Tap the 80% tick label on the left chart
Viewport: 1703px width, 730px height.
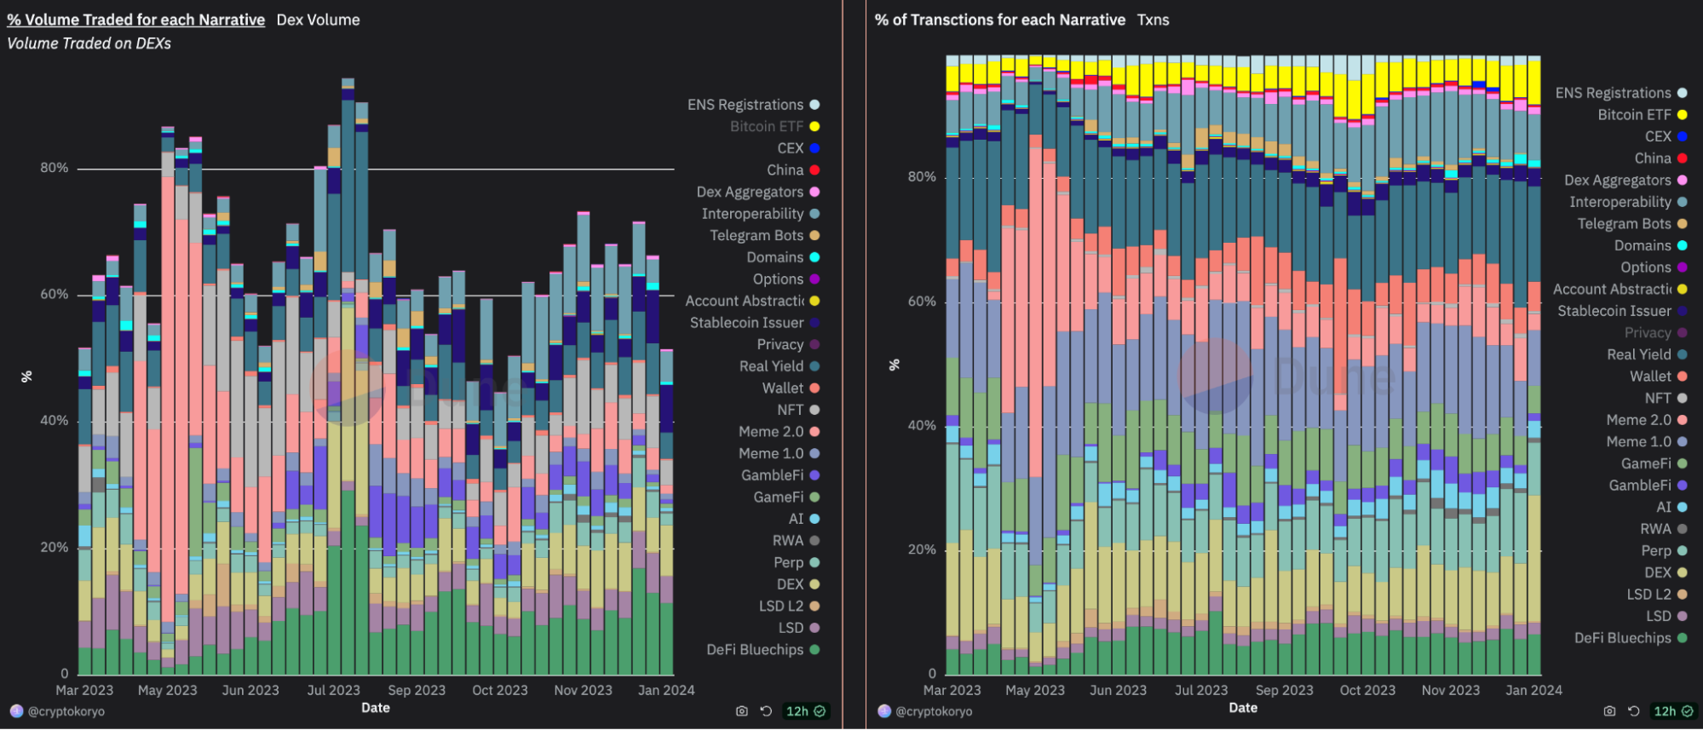[55, 168]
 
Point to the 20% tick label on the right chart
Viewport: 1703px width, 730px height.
[922, 549]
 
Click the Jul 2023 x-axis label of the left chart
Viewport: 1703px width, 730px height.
[333, 690]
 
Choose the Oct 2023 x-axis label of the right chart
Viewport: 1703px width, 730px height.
[1367, 690]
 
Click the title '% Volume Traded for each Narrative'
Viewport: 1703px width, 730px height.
[136, 20]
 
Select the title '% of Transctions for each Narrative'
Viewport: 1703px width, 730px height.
[1000, 20]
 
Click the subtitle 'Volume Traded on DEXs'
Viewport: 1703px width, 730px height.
[89, 43]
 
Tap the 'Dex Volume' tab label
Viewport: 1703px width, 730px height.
[319, 20]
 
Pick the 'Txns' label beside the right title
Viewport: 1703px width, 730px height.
[1154, 20]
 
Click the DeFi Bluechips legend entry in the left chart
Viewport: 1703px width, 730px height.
[762, 650]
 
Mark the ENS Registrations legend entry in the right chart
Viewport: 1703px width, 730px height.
[1621, 93]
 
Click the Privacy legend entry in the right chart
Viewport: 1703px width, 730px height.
[1655, 332]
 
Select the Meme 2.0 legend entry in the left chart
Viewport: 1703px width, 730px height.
[779, 432]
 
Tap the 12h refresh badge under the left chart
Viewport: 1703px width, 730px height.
[805, 711]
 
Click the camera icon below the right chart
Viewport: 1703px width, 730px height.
[1609, 711]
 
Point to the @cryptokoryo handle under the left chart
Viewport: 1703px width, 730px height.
[57, 711]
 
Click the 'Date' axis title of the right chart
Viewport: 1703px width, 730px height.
[1243, 708]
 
